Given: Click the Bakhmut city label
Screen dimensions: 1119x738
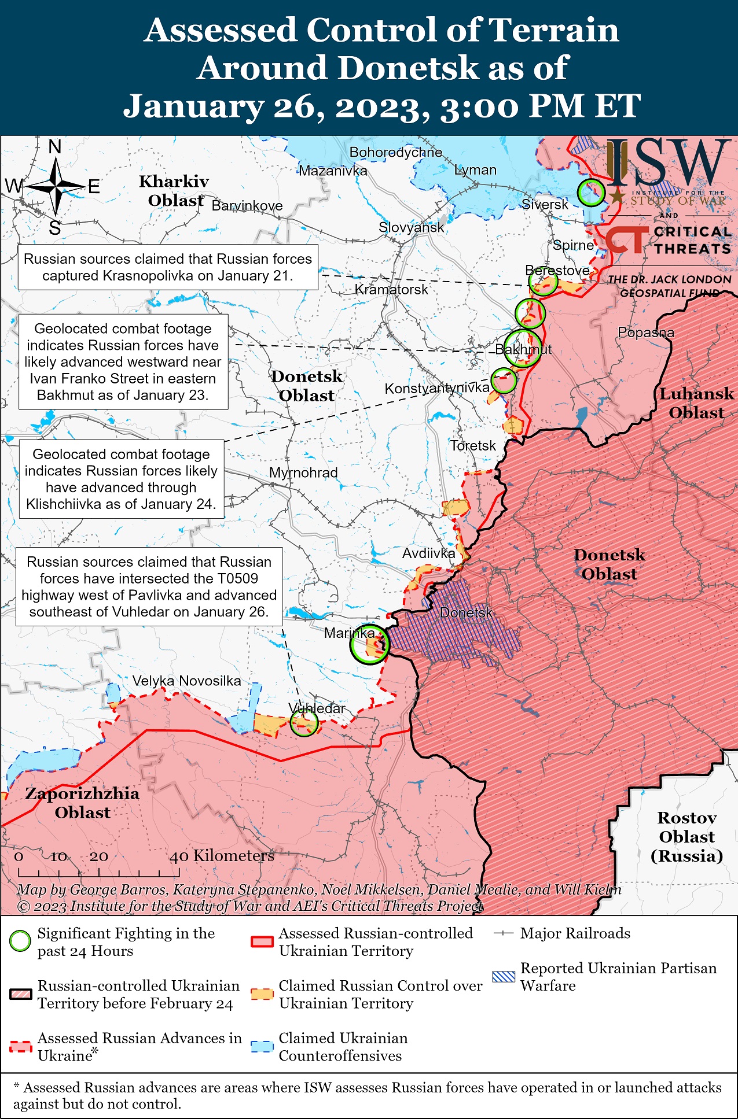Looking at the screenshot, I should click(523, 349).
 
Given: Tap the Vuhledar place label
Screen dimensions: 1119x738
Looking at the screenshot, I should click(317, 708).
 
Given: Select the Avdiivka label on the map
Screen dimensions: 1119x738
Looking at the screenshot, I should click(428, 553).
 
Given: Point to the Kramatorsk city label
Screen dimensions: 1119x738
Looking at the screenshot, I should click(391, 289).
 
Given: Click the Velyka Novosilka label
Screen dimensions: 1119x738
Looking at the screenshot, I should click(186, 681).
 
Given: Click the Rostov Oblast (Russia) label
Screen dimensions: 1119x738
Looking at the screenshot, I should click(687, 836).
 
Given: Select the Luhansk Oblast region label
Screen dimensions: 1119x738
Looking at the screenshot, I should click(696, 403).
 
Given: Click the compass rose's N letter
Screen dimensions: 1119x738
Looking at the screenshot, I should click(55, 147).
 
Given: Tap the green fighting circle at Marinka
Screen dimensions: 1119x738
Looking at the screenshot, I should click(369, 644).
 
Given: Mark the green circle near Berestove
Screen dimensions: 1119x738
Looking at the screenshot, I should click(543, 282).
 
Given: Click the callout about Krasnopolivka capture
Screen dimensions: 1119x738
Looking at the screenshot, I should click(168, 267).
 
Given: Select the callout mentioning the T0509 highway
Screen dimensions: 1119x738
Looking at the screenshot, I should click(149, 586).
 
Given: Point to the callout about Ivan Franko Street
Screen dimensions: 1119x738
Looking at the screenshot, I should click(123, 362).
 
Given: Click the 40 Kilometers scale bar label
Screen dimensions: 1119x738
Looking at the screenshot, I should click(221, 856).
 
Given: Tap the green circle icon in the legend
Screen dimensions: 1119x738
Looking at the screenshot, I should click(20, 941).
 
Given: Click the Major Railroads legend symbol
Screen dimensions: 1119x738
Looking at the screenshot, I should click(503, 933).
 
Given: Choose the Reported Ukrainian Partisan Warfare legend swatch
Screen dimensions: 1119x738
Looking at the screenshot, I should click(503, 977).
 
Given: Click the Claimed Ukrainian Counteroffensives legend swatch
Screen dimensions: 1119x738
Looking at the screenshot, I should click(262, 1047).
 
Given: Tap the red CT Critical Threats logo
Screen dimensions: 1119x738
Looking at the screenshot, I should click(626, 239).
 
